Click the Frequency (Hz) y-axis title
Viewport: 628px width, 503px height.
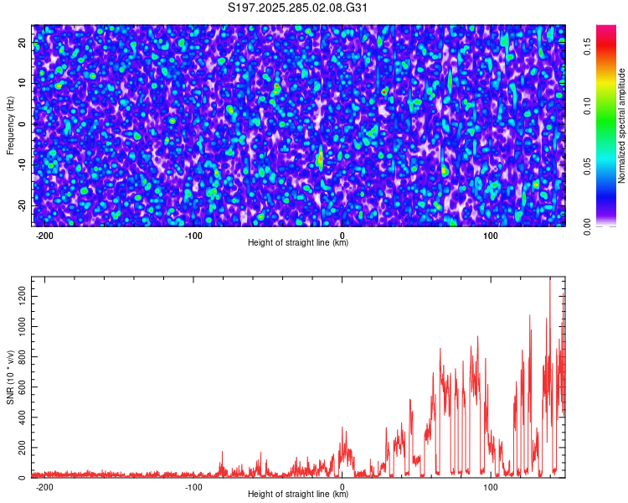10,124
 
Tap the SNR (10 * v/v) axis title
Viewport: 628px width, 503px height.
10,377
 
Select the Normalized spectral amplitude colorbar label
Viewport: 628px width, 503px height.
622,126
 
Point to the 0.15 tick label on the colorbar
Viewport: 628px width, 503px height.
589,48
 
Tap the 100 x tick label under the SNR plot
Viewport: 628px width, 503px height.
492,486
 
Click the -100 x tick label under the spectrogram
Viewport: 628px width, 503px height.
193,235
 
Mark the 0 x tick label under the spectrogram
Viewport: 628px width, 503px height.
342,235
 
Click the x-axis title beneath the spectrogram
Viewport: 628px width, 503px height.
298,243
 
